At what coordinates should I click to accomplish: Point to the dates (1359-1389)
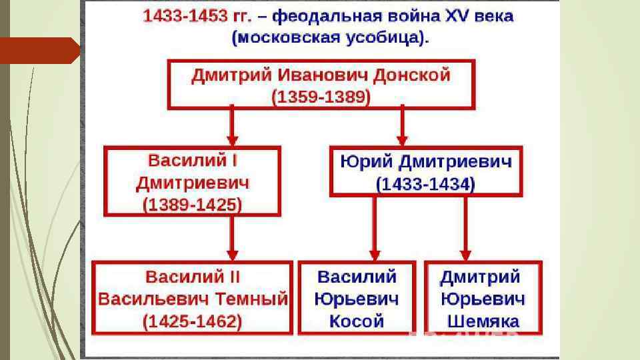[x=321, y=97]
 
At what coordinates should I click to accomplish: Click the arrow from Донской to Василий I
[x=231, y=126]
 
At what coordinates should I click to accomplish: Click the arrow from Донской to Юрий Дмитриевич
[x=401, y=126]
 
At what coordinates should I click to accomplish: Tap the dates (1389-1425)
[x=193, y=204]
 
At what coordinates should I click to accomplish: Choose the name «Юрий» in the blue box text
[x=363, y=161]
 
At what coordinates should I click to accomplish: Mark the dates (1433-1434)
[x=425, y=183]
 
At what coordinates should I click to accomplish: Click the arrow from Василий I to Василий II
[x=231, y=238]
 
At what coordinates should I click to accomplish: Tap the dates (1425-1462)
[x=193, y=321]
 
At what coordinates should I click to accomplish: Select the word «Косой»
[x=357, y=321]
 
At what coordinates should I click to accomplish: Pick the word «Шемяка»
[x=483, y=321]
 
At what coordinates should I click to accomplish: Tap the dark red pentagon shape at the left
[x=40, y=51]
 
